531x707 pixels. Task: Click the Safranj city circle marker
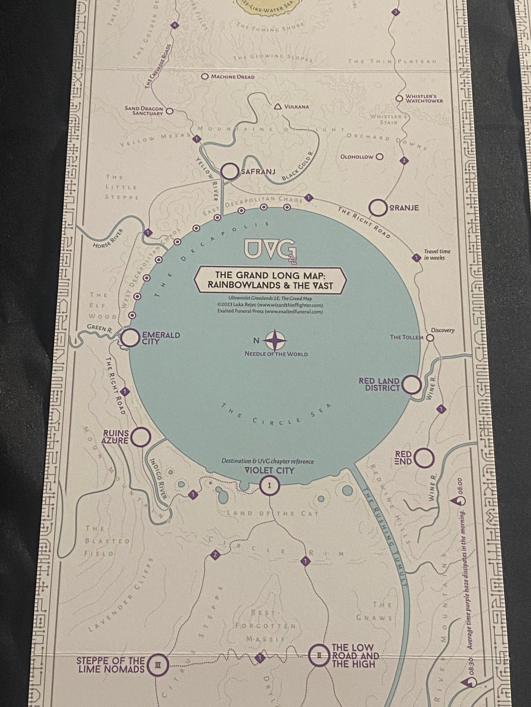click(x=231, y=172)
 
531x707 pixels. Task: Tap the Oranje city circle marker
click(x=379, y=208)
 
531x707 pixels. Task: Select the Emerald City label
click(x=160, y=338)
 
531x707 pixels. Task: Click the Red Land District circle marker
click(x=411, y=385)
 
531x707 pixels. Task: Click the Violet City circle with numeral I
click(x=269, y=485)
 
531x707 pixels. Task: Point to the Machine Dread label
click(x=232, y=77)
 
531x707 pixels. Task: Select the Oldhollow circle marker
click(x=380, y=157)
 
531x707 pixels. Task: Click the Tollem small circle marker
click(x=431, y=337)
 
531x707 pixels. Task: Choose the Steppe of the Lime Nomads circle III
click(x=157, y=664)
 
